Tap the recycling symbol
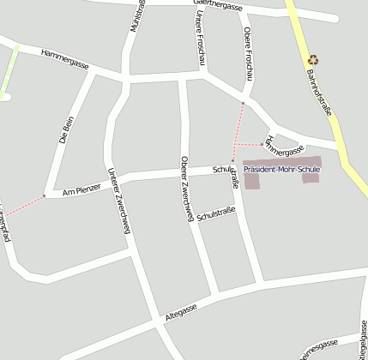313,60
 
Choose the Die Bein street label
66,128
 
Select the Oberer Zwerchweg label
185,189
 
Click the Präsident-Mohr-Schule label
281,170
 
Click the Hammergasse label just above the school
284,146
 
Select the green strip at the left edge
9,68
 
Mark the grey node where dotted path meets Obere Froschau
243,104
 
